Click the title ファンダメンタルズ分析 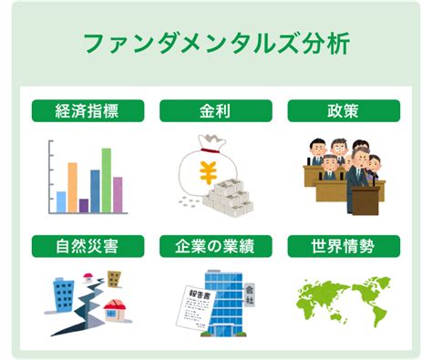(217, 44)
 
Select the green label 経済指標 (87, 111)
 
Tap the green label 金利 (216, 111)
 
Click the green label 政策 (344, 111)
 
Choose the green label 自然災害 (87, 246)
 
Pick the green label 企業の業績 (216, 246)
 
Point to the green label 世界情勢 (344, 246)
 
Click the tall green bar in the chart (107, 180)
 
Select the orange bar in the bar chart (72, 188)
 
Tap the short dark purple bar (84, 206)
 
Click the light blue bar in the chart (61, 202)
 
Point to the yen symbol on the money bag (208, 172)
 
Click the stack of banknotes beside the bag (228, 199)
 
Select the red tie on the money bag (209, 150)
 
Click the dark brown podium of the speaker (365, 201)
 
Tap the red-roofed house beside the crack (115, 311)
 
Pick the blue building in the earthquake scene (64, 294)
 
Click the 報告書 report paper (196, 308)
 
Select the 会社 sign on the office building (250, 295)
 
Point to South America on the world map (377, 314)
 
